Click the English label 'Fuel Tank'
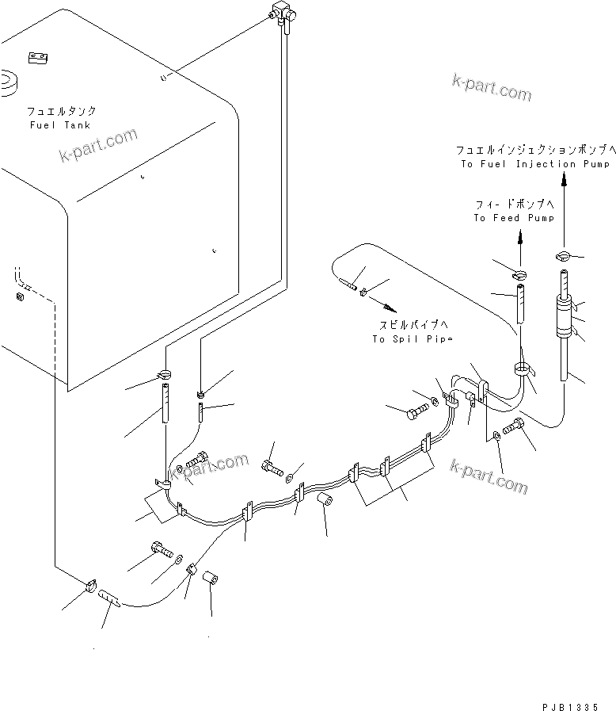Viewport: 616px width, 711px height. coord(59,125)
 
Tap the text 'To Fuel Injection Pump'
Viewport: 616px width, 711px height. coord(535,164)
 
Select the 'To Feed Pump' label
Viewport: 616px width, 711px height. coord(514,218)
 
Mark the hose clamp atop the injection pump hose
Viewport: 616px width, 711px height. coord(563,255)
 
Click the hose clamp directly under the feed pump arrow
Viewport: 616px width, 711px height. coord(519,275)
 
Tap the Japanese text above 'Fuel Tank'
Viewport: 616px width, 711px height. coord(59,112)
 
